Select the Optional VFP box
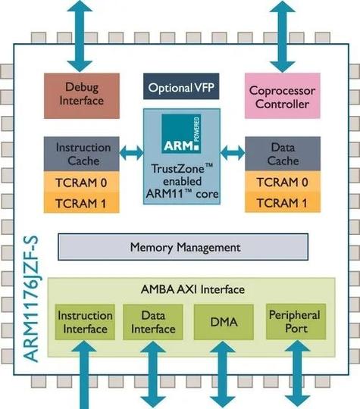click(x=180, y=86)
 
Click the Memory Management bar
click(x=183, y=247)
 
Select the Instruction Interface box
click(x=85, y=322)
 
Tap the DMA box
click(x=224, y=323)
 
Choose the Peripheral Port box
click(x=293, y=322)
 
